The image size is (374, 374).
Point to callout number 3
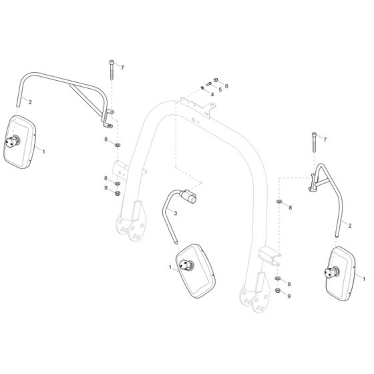pyautogui.click(x=176, y=214)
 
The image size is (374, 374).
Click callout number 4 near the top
pyautogui.click(x=212, y=94)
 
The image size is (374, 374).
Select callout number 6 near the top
pyautogui.click(x=226, y=86)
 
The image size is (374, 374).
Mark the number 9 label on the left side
pyautogui.click(x=105, y=188)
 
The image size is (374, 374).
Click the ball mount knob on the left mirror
pyautogui.click(x=13, y=140)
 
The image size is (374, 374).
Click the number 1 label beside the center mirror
pyautogui.click(x=171, y=268)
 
